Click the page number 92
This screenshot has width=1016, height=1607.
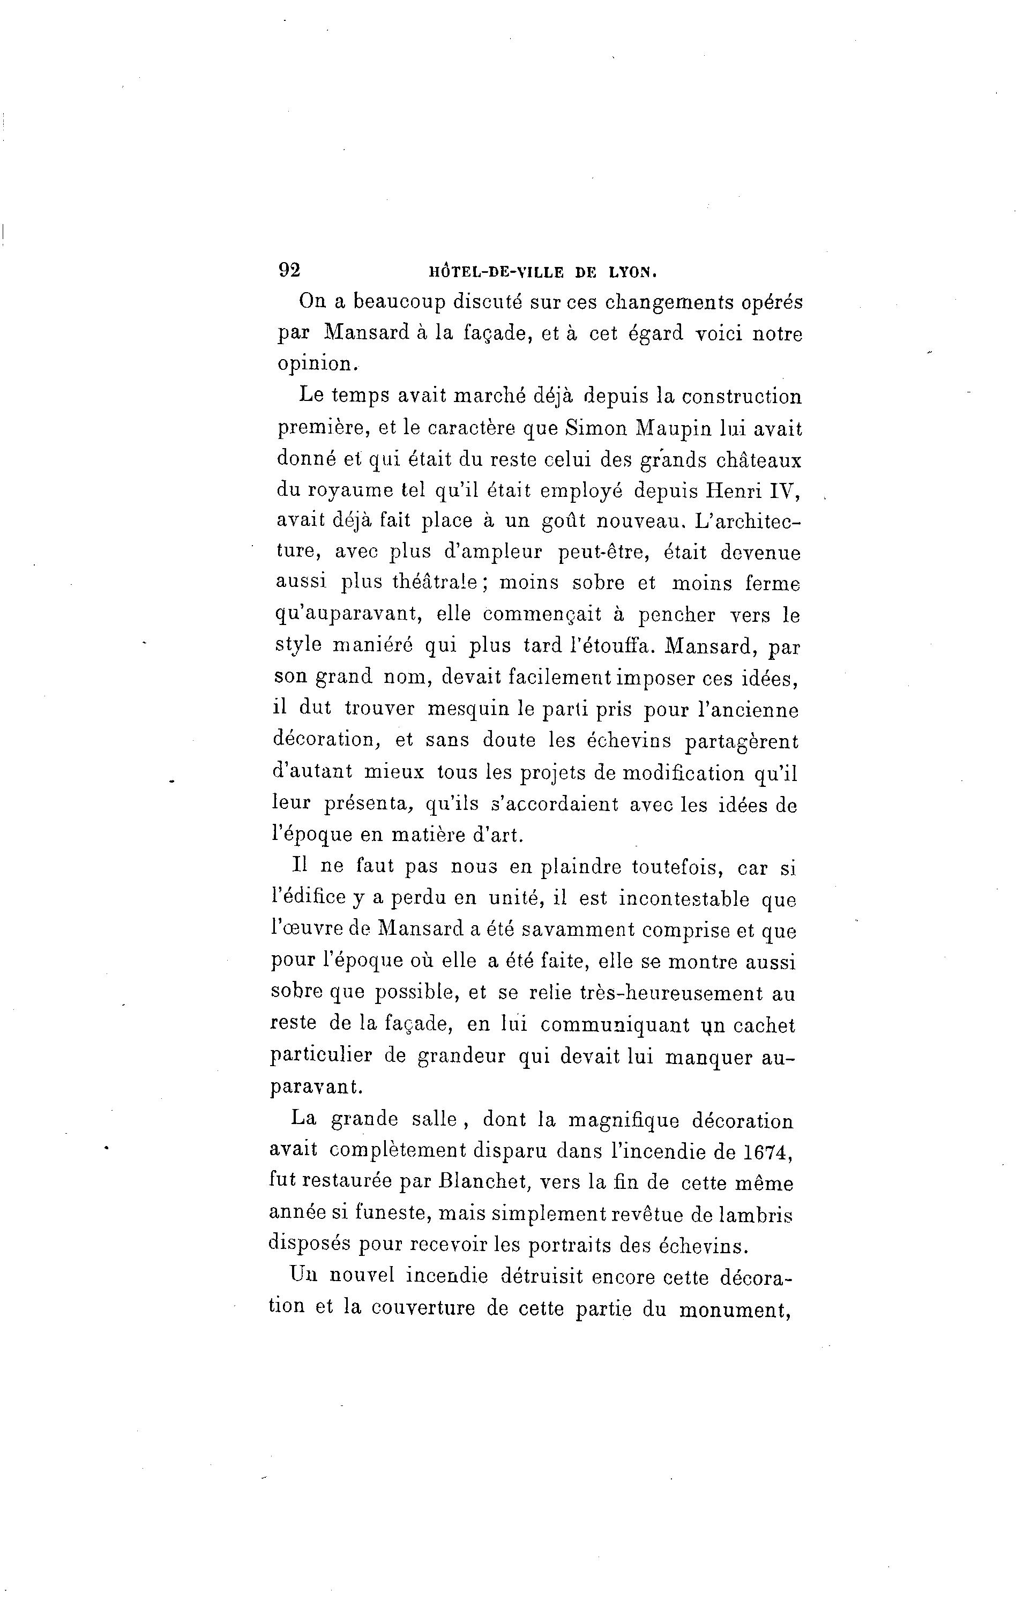(289, 270)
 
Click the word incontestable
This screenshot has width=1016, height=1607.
(684, 898)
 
